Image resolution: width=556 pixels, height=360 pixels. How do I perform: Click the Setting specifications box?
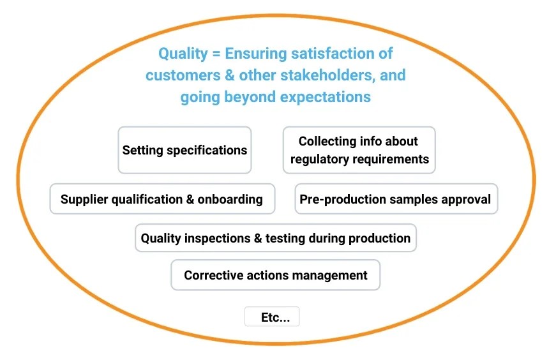click(x=184, y=150)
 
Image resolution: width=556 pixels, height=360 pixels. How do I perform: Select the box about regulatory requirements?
click(x=359, y=150)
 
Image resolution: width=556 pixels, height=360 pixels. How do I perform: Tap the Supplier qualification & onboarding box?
click(x=162, y=199)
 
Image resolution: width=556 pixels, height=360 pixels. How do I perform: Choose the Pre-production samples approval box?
click(x=395, y=199)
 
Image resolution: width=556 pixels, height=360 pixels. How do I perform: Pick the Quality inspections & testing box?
click(x=275, y=238)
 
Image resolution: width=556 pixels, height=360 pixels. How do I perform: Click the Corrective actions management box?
click(x=275, y=275)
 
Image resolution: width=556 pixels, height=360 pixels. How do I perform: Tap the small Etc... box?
click(x=272, y=317)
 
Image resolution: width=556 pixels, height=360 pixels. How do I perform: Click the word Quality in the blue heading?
click(x=181, y=54)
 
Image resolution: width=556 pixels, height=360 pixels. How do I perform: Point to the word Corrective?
click(x=210, y=275)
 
